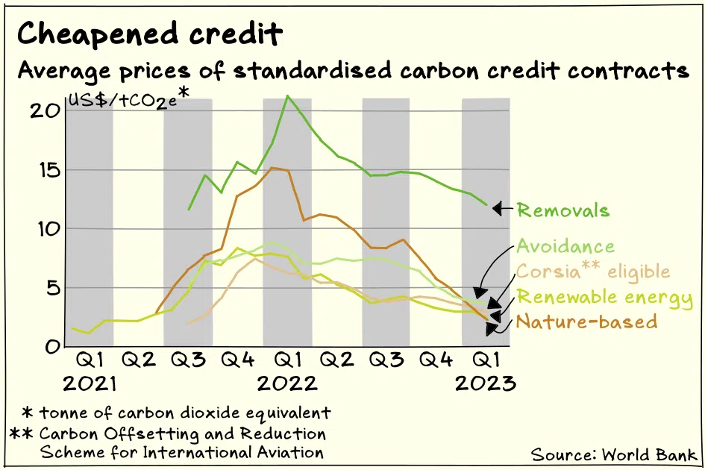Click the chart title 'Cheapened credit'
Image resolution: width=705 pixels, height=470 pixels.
pyautogui.click(x=150, y=34)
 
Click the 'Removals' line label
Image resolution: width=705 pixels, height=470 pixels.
pyautogui.click(x=563, y=210)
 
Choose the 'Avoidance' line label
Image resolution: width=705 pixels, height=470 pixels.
pyautogui.click(x=566, y=247)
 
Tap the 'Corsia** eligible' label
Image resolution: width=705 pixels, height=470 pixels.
pyautogui.click(x=593, y=272)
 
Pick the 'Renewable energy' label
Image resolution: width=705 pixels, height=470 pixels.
pyautogui.click(x=605, y=298)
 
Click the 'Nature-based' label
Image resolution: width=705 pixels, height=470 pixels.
pyautogui.click(x=587, y=322)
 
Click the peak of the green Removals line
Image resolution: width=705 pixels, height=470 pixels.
pyautogui.click(x=287, y=95)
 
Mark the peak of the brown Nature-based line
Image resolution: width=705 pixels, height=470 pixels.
pyautogui.click(x=274, y=168)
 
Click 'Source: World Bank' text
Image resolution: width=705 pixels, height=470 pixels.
pyautogui.click(x=614, y=454)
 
